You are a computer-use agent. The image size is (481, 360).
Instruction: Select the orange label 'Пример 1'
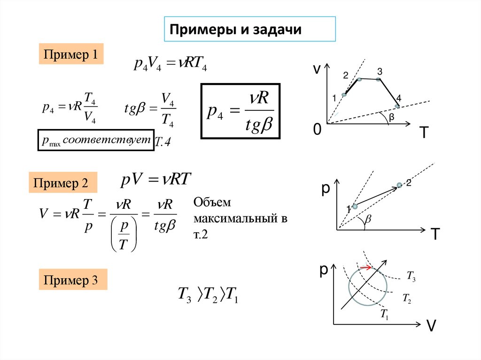70,54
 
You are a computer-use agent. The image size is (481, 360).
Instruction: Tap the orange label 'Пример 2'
63,183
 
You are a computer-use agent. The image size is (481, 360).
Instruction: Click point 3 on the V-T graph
379,79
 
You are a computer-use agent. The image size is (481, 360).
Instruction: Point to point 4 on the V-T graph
397,106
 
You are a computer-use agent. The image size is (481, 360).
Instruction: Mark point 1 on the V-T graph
344,95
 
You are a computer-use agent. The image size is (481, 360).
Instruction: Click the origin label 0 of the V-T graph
318,130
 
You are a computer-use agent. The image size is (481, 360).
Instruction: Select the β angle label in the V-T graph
391,119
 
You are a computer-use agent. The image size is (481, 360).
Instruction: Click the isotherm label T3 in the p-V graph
411,278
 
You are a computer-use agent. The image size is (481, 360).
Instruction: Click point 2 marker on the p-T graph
399,185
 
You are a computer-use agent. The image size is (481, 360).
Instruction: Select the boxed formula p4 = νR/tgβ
240,111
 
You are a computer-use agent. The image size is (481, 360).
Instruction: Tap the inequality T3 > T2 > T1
208,295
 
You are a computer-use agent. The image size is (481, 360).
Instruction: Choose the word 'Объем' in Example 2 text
213,203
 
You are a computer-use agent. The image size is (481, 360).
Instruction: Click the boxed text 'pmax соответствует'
96,140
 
